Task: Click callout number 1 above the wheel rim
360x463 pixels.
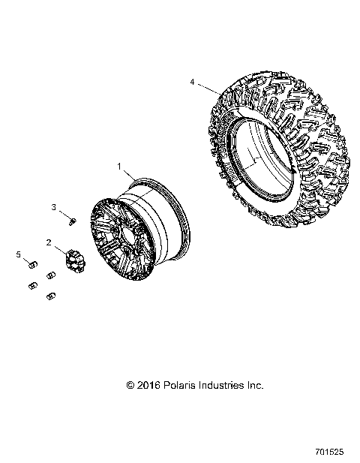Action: (118, 164)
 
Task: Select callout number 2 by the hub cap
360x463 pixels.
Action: (49, 242)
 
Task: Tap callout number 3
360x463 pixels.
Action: (53, 206)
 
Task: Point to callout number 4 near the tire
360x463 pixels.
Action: (192, 81)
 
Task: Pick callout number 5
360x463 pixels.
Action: (19, 255)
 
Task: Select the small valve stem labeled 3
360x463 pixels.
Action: (71, 220)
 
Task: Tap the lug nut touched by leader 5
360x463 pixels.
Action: (33, 264)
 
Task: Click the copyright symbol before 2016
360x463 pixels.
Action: (132, 385)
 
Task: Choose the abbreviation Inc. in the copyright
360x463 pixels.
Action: (256, 385)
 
